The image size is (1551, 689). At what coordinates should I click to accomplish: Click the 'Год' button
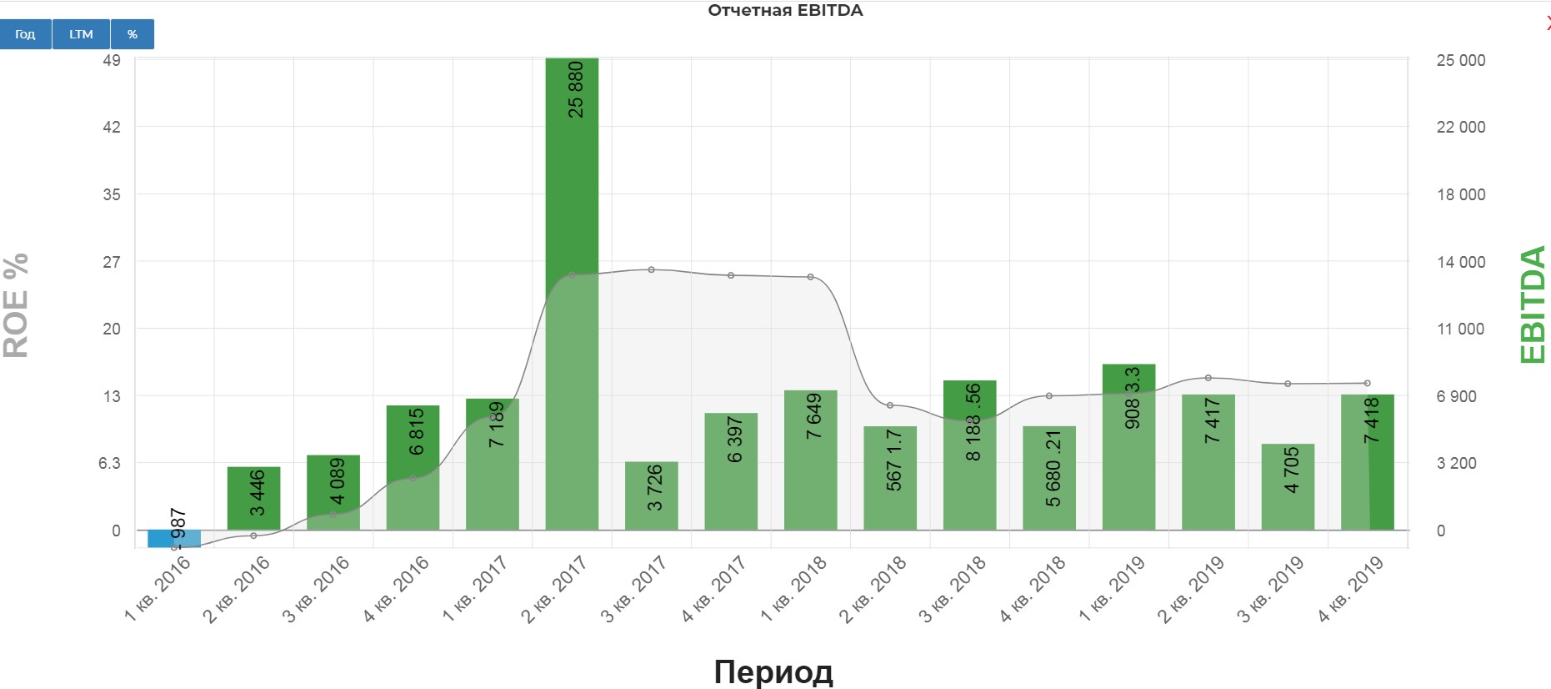25,34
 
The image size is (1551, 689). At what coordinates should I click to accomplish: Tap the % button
133,34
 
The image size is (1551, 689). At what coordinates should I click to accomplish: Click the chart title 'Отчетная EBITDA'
785,11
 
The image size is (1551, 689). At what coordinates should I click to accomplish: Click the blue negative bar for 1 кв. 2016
173,539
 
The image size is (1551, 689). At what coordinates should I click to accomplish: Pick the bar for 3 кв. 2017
651,495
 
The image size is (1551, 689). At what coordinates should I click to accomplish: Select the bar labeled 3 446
253,498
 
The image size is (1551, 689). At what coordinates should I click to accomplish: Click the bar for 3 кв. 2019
1288,486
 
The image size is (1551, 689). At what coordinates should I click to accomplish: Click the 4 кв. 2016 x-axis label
397,588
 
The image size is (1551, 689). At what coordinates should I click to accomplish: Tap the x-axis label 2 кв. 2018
873,588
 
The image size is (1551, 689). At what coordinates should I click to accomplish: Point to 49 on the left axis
112,60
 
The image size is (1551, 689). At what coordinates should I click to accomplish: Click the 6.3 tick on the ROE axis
109,463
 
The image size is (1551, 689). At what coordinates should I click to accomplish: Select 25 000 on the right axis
1460,60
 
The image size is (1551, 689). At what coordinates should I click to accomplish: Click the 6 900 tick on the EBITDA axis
1456,396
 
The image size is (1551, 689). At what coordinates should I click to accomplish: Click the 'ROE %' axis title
17,305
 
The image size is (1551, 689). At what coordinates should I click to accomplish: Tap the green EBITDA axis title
1533,304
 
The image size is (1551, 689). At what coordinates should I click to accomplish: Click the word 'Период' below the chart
773,671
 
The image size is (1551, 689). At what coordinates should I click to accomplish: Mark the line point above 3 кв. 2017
651,269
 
